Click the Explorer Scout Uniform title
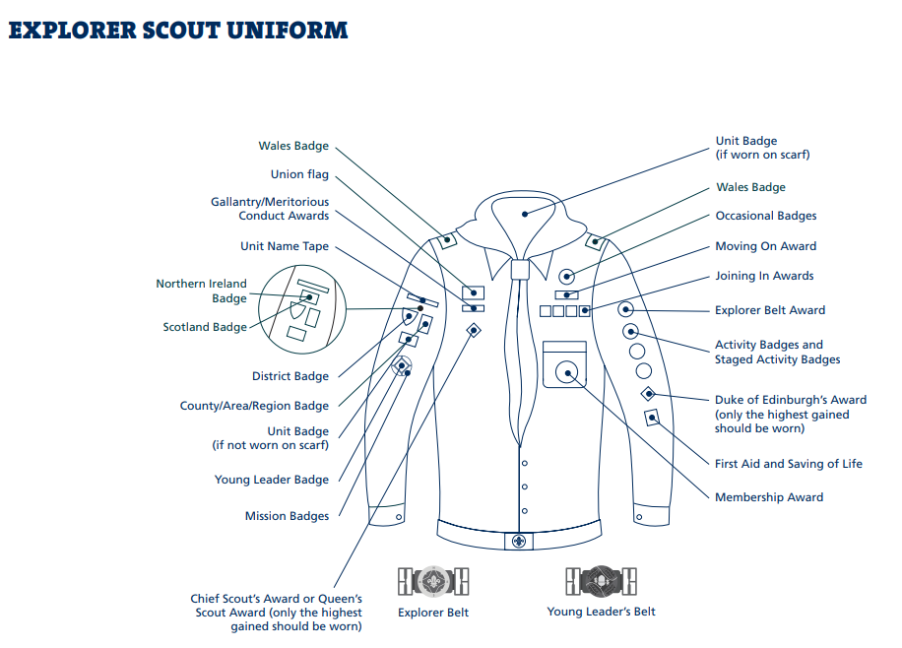[178, 31]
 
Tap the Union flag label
[299, 174]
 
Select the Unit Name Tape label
[285, 246]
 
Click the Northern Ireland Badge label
[201, 291]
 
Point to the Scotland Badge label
[205, 327]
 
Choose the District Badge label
[290, 376]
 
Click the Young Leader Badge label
[272, 480]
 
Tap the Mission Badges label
[288, 516]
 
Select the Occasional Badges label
[766, 216]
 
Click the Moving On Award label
[766, 246]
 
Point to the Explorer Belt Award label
[770, 310]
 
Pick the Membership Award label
[769, 497]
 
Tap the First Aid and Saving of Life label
[789, 464]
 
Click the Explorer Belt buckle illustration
[433, 581]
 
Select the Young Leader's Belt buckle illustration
[601, 581]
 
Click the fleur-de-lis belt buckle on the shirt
[519, 541]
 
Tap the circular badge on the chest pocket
[566, 372]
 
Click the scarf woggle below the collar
[520, 269]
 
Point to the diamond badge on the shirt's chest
[474, 330]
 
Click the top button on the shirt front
[525, 463]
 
